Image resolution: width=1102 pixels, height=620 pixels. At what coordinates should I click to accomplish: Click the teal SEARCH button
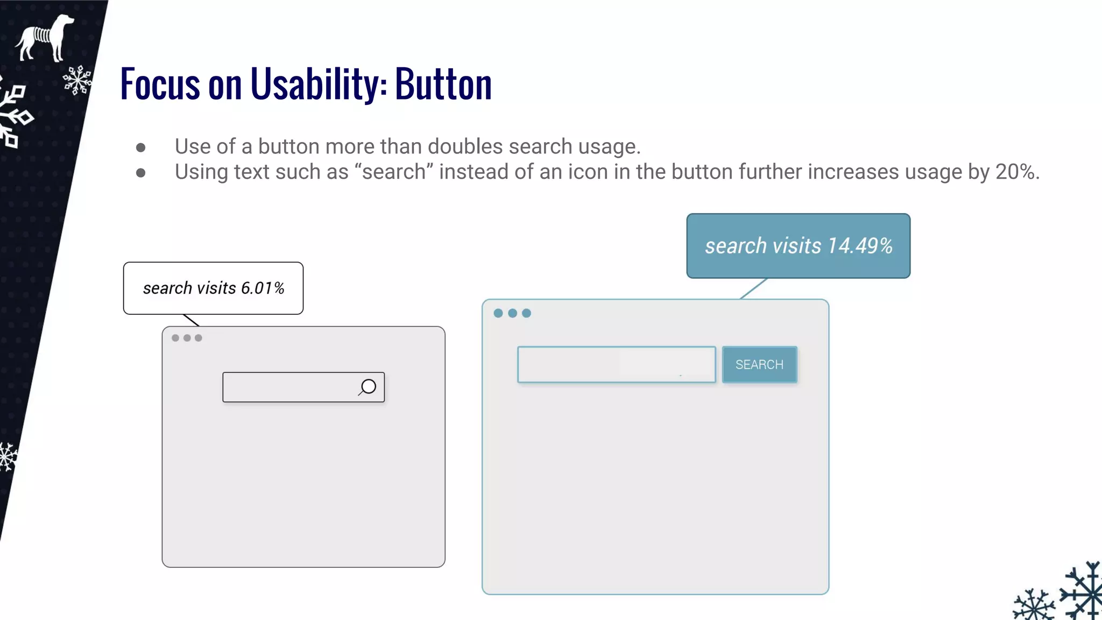tap(759, 364)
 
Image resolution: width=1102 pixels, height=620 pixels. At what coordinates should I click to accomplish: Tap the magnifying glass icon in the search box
tap(368, 387)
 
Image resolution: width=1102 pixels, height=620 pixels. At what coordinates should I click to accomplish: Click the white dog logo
tap(45, 37)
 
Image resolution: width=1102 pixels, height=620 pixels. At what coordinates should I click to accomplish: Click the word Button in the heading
tap(443, 84)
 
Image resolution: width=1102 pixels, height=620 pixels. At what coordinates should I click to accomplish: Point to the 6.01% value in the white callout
tap(263, 288)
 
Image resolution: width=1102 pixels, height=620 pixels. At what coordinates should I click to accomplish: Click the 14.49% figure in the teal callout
tap(860, 246)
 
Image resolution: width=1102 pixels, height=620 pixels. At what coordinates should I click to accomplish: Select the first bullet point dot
tap(141, 147)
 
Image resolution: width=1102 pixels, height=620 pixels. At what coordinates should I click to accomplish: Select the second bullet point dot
tap(141, 173)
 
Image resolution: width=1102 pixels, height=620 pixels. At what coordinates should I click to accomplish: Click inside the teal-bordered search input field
tap(616, 365)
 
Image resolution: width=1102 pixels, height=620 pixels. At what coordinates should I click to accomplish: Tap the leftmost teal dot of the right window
tap(498, 313)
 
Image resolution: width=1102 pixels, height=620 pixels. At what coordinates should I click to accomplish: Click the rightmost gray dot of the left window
tap(199, 338)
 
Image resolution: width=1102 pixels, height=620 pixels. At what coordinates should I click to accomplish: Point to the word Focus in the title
tap(160, 84)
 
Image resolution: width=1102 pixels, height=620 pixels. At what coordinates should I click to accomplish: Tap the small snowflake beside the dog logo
tap(77, 80)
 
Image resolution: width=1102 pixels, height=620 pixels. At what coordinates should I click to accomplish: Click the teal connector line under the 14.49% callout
tap(753, 288)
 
